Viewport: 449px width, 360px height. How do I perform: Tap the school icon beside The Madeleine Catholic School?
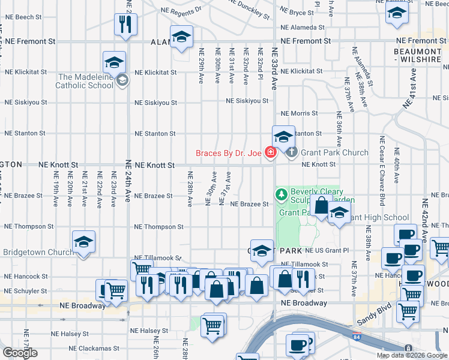click(122, 80)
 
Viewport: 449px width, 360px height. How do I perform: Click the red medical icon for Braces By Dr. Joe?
click(271, 153)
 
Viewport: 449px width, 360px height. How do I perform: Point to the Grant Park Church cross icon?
click(292, 152)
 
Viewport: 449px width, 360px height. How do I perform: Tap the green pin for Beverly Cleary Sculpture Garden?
click(281, 194)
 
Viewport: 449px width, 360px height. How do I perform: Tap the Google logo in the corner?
click(20, 353)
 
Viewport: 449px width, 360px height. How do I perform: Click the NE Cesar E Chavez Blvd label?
click(382, 174)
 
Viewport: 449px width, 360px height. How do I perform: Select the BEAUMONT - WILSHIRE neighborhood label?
click(417, 56)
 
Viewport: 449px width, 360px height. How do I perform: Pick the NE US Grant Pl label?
click(327, 250)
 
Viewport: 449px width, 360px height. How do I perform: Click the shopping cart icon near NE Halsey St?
click(212, 326)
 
